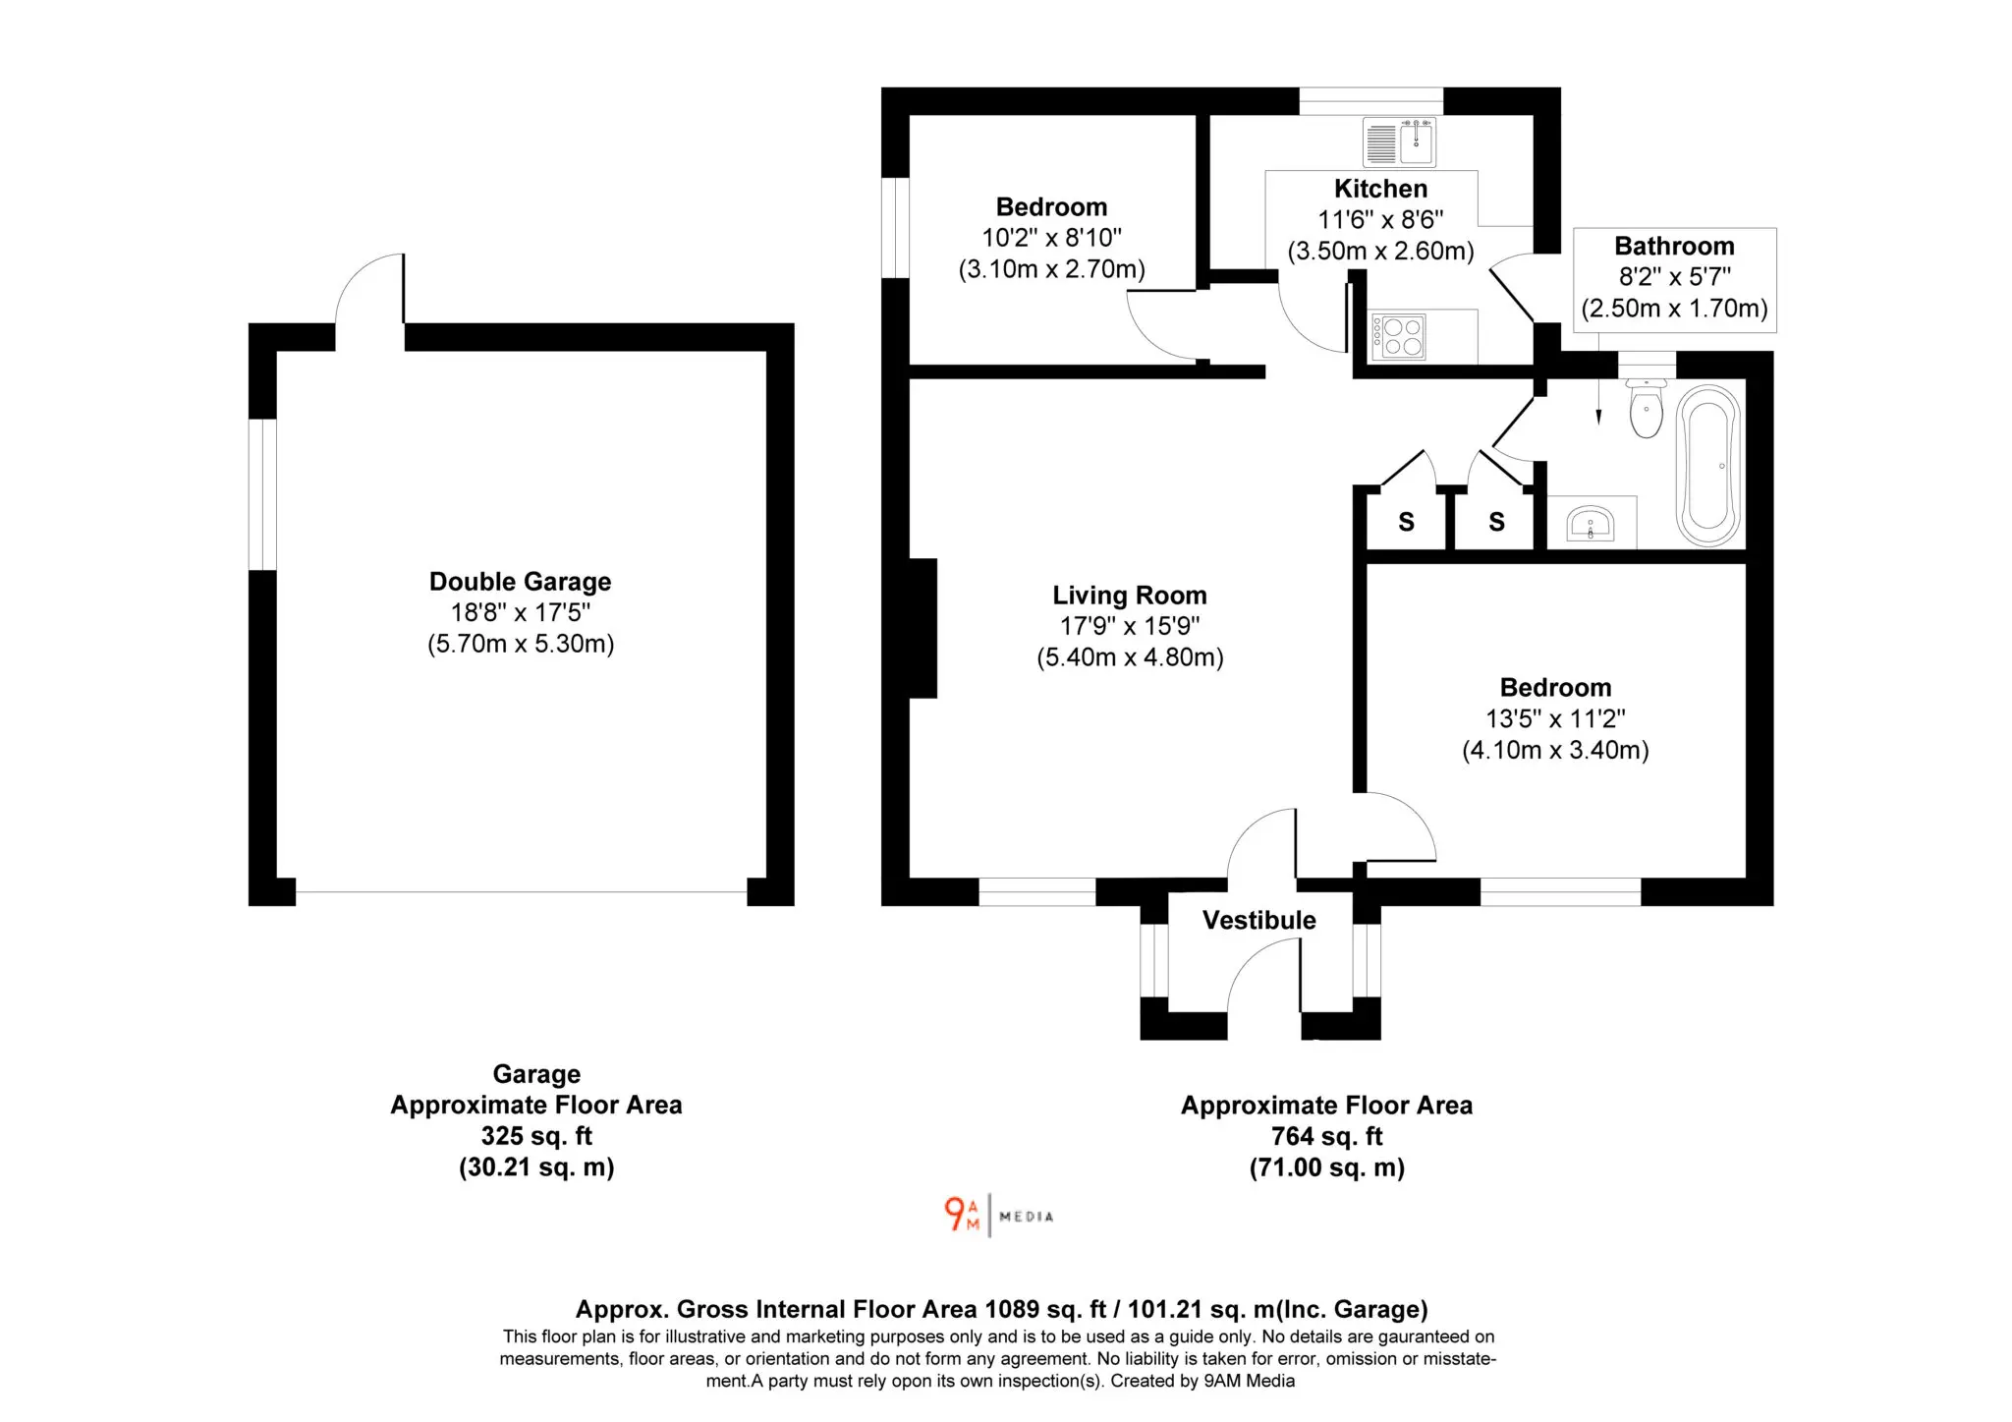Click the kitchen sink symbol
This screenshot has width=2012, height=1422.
(x=1399, y=142)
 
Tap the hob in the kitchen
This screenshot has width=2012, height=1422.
(x=1398, y=336)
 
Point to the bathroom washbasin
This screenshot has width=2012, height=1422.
(x=1591, y=523)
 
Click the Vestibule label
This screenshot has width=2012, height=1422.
(x=1258, y=920)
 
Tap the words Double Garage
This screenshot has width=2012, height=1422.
(x=520, y=582)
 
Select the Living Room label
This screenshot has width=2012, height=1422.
(x=1130, y=596)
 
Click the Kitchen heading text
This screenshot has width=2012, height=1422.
(x=1380, y=189)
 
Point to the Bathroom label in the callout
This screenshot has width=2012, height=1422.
(x=1674, y=246)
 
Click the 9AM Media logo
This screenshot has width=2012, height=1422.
(x=998, y=1216)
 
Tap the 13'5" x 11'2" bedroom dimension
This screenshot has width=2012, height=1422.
(x=1555, y=718)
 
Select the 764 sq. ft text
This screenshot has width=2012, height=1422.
(x=1326, y=1136)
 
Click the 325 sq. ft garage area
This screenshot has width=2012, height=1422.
(x=536, y=1136)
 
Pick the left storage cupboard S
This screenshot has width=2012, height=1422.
(x=1406, y=522)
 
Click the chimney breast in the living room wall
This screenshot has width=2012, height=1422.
(x=922, y=628)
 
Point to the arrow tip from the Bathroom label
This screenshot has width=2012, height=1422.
(x=1598, y=424)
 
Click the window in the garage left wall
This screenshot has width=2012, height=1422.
(x=262, y=494)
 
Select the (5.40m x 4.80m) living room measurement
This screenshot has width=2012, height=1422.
(x=1130, y=657)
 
